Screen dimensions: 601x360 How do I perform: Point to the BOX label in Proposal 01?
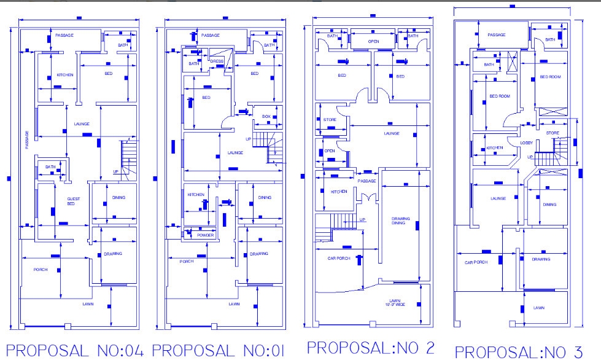(x=266, y=116)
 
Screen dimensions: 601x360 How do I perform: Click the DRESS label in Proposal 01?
(x=216, y=61)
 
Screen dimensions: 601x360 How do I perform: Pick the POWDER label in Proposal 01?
(x=205, y=235)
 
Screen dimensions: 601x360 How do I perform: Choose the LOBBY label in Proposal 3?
(x=527, y=143)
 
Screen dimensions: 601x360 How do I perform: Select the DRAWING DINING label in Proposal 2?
(x=401, y=221)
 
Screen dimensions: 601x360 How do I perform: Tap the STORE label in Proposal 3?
(x=553, y=133)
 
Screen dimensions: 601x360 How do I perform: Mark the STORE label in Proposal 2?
(x=330, y=120)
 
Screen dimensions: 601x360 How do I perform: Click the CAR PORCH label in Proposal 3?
(x=476, y=262)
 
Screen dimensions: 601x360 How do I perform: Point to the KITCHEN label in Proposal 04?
(x=65, y=75)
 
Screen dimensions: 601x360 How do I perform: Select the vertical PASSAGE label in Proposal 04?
(x=27, y=139)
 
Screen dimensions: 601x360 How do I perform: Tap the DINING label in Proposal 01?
(x=265, y=198)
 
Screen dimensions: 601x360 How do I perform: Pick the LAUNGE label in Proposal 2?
(x=392, y=133)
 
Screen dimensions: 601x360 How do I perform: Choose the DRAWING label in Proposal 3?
(x=541, y=259)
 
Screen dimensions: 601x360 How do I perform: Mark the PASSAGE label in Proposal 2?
(x=367, y=181)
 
